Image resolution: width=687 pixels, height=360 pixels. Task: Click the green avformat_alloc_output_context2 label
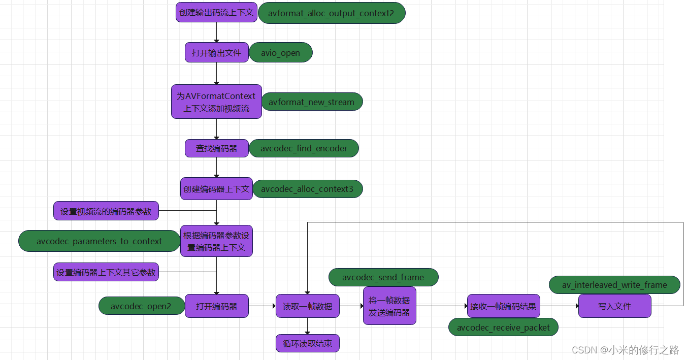click(332, 13)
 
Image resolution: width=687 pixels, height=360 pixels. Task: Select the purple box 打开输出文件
click(216, 52)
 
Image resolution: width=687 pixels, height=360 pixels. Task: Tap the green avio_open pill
click(280, 52)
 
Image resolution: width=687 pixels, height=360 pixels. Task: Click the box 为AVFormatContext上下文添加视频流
click(216, 102)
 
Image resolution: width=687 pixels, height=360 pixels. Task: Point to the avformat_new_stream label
click(311, 102)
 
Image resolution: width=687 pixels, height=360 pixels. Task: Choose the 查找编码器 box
click(216, 148)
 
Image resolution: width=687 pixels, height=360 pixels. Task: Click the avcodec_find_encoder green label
click(304, 148)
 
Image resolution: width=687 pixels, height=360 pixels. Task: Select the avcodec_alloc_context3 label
click(307, 189)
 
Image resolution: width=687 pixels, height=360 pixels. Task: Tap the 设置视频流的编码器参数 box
click(106, 211)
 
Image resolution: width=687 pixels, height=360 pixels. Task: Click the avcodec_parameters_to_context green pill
click(99, 241)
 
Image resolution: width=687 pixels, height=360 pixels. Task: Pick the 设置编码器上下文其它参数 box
click(106, 272)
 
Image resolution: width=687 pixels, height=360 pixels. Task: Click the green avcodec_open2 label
click(141, 306)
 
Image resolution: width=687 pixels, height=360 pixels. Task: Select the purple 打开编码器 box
click(216, 306)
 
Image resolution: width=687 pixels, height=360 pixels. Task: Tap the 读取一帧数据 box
click(307, 306)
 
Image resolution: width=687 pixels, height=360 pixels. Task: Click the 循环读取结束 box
click(307, 343)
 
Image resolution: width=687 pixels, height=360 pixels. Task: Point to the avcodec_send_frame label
click(383, 277)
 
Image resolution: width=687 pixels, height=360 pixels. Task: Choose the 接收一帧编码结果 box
click(503, 306)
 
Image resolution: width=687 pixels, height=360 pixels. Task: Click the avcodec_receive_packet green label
click(503, 328)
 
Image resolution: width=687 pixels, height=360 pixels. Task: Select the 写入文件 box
click(614, 306)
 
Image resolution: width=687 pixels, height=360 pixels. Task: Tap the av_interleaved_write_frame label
click(614, 285)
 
